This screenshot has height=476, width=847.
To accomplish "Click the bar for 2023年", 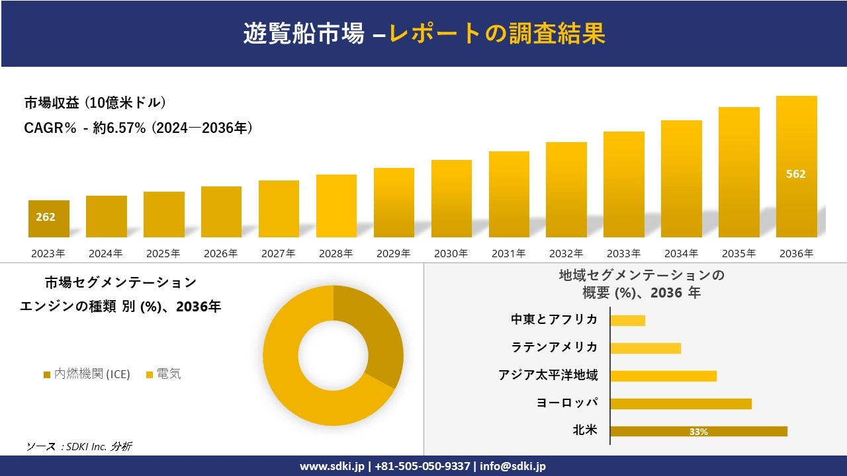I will coord(48,219).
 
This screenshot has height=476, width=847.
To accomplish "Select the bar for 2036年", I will coord(796,167).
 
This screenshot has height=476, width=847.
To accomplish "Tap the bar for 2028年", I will coord(336,206).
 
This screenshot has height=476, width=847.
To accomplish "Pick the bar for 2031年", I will coord(509,194).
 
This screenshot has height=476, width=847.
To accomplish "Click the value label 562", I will coord(795,175).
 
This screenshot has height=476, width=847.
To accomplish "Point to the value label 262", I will coord(46,217).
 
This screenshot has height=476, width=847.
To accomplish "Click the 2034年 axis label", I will coord(681,253).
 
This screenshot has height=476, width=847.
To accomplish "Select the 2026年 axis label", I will coord(221,253).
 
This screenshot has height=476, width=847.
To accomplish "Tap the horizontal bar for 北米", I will coord(698,431).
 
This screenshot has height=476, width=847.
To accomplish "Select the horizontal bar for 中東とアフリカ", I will coord(627,320).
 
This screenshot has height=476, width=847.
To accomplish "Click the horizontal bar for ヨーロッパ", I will coord(680,403).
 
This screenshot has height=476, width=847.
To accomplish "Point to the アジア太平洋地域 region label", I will coord(548,376).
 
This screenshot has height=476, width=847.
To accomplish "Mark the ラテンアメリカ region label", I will coord(554,347).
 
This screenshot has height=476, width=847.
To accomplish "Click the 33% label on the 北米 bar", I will coord(698,432).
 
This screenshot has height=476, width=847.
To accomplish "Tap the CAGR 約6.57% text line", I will coord(138,128).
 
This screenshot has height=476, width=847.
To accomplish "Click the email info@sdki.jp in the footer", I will coord(513,466).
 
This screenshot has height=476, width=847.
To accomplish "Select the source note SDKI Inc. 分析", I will coord(79,447).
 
